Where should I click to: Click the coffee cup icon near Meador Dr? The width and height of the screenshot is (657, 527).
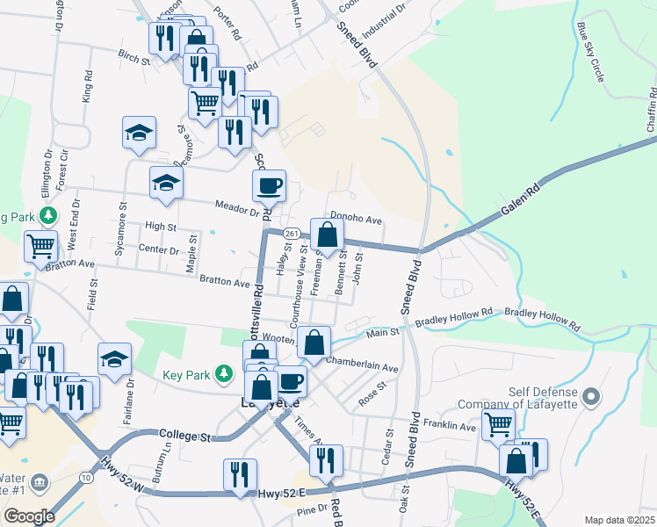[269, 186]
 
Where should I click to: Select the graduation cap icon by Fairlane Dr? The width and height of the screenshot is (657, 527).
[114, 358]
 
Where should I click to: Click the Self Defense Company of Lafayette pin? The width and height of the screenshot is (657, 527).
[591, 397]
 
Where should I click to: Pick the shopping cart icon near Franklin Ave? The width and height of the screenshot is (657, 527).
[498, 424]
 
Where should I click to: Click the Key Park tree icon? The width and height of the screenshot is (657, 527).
[225, 374]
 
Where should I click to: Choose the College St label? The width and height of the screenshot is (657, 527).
[186, 435]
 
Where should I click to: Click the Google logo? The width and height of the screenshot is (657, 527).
[29, 516]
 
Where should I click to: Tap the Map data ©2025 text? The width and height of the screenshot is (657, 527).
[618, 520]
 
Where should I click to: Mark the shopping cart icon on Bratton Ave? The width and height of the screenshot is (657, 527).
[40, 248]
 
